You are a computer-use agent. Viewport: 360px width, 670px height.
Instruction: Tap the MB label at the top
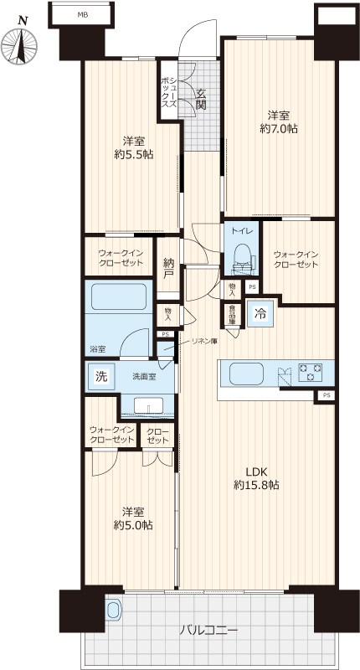click(81, 15)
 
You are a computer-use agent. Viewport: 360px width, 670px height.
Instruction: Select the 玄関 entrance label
click(201, 98)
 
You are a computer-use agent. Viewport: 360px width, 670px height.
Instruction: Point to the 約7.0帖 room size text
click(279, 129)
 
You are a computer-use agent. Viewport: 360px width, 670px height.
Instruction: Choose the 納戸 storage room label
click(167, 268)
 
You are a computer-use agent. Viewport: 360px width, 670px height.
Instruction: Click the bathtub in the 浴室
click(119, 296)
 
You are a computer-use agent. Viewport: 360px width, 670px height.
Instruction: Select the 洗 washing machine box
click(101, 376)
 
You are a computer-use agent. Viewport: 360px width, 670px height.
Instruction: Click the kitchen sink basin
click(246, 374)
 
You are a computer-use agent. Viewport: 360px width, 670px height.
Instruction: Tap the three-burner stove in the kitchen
click(311, 372)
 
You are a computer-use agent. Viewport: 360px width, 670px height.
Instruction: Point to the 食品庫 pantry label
click(232, 315)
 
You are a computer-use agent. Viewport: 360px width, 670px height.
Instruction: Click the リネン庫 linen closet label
click(204, 341)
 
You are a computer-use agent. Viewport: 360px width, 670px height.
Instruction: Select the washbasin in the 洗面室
click(148, 405)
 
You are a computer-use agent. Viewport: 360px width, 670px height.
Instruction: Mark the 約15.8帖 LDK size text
click(257, 485)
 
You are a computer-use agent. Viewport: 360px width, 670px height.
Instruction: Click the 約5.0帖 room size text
click(133, 525)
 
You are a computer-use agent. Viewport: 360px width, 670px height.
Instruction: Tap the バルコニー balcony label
click(208, 630)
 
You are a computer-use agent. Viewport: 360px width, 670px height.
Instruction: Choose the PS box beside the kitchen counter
click(327, 395)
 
